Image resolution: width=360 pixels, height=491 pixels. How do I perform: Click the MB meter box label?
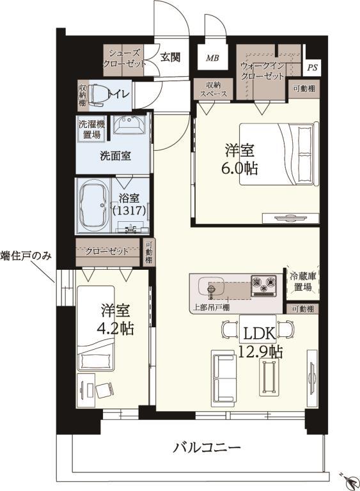pyautogui.click(x=212, y=58)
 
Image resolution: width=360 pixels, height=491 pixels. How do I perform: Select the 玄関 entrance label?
pyautogui.click(x=170, y=57)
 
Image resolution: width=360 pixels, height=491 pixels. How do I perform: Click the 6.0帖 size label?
pyautogui.click(x=240, y=169)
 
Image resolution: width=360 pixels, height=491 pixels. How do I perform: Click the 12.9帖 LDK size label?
pyautogui.click(x=258, y=351)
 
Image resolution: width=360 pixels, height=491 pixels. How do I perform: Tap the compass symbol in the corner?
pyautogui.click(x=348, y=478)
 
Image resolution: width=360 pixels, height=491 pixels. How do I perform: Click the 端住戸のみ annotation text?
pyautogui.click(x=26, y=256)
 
